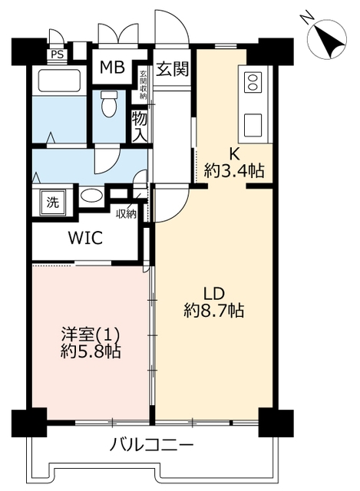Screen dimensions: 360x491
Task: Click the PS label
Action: coord(58,54)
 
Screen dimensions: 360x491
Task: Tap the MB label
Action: coord(112,67)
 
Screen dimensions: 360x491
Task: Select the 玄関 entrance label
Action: coord(172,69)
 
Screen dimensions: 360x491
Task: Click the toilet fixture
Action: coord(109,104)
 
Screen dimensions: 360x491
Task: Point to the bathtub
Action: coord(59,81)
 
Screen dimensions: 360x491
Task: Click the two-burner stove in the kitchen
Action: coord(253,82)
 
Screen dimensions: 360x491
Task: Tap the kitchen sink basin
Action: coord(253,125)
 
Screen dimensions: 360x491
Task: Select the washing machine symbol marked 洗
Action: coord(52,203)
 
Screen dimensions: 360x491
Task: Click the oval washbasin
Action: coord(91,196)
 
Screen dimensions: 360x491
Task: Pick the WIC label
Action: coord(85,238)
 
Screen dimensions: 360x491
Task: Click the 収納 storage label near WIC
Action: coord(126,214)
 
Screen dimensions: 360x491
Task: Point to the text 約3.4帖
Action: coord(234,171)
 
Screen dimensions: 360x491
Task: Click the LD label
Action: coord(215,294)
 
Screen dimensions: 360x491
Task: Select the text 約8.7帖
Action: coord(214,311)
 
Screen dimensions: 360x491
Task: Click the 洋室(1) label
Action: coord(91,334)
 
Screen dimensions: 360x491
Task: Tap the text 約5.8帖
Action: coord(91,352)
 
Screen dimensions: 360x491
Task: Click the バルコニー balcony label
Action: coord(152,445)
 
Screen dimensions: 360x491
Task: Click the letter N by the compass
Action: coord(306,17)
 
